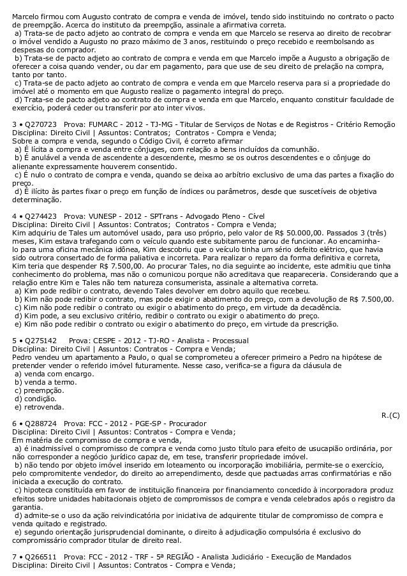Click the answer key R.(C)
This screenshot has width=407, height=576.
click(x=390, y=415)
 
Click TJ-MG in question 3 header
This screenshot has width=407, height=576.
click(x=157, y=124)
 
